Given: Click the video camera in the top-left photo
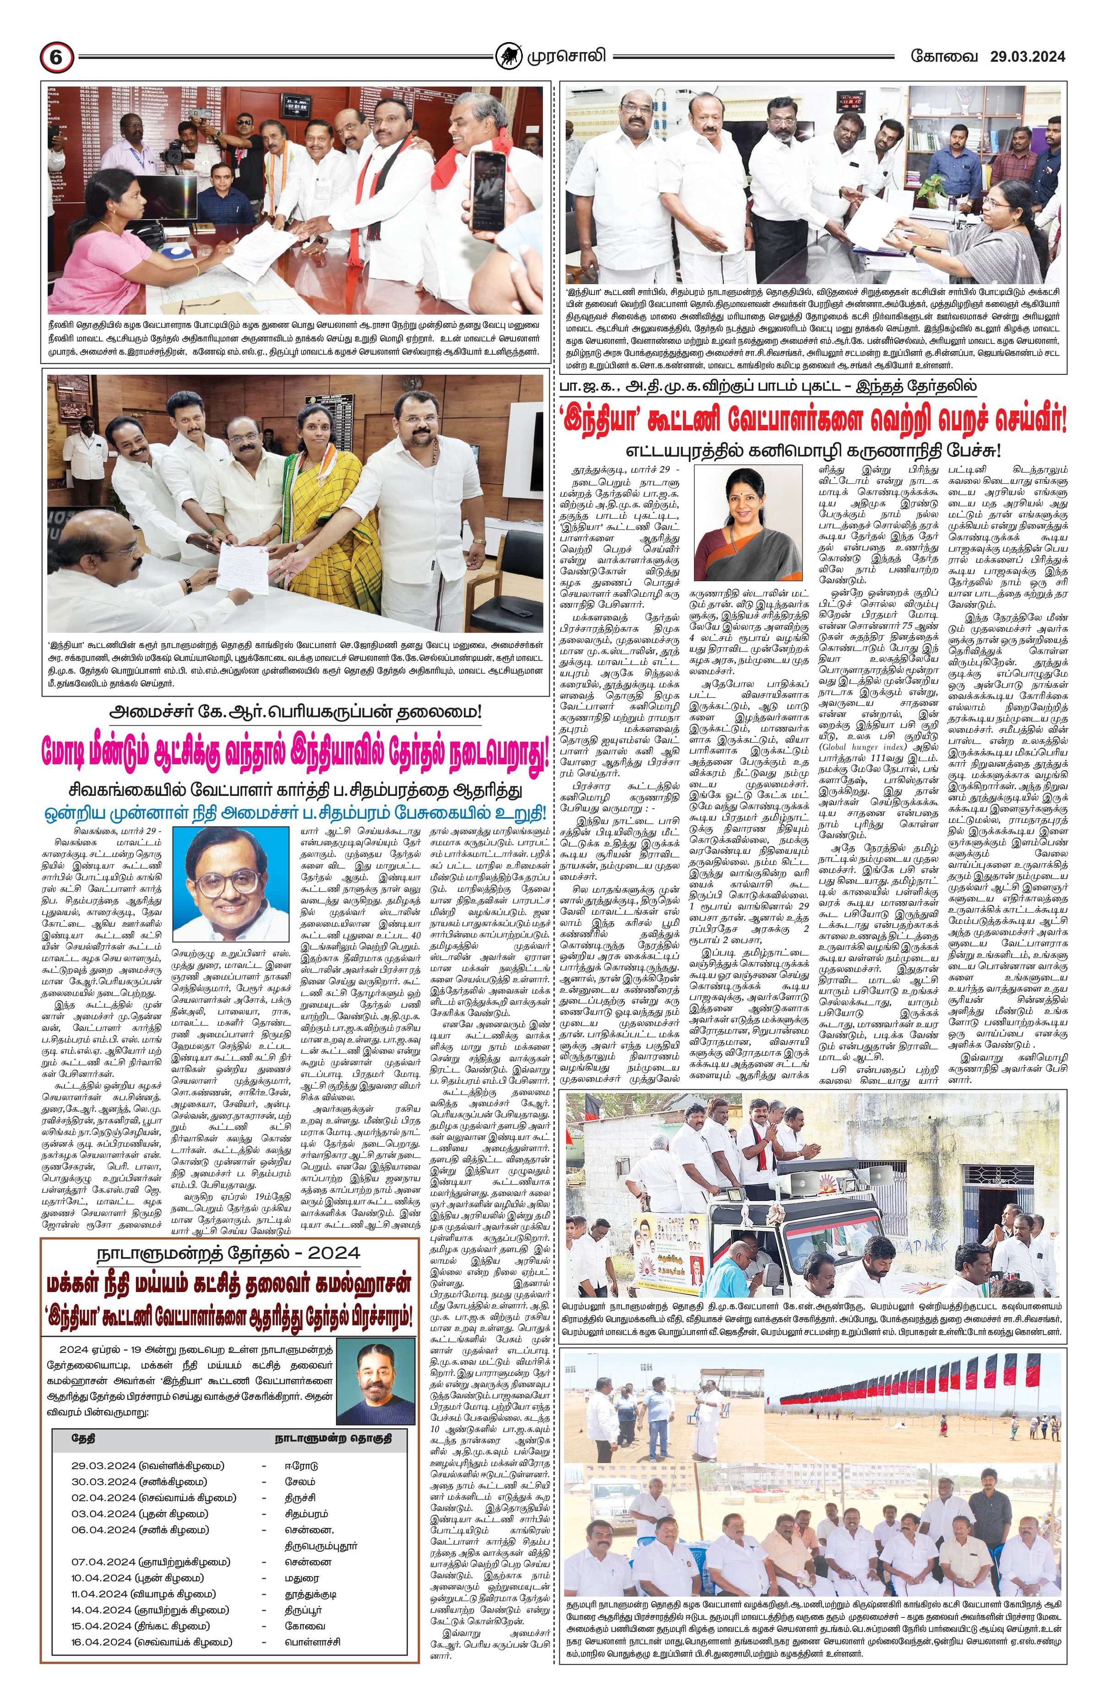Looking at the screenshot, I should tap(173, 150).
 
